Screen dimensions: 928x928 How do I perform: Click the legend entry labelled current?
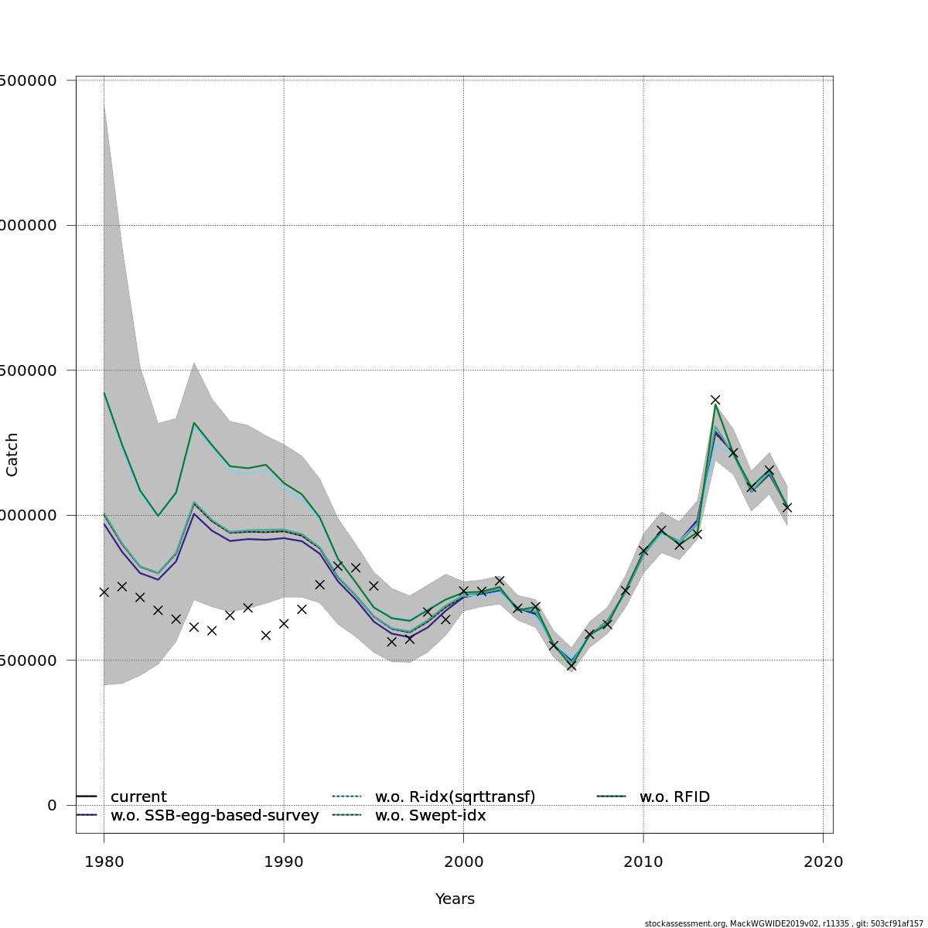[138, 797]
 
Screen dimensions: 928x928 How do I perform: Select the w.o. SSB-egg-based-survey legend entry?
[214, 815]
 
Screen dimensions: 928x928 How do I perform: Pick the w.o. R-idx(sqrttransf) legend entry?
[455, 797]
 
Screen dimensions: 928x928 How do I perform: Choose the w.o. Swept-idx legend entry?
[430, 815]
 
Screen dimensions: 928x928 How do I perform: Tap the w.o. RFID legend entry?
[674, 797]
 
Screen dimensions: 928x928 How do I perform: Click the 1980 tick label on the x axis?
[104, 861]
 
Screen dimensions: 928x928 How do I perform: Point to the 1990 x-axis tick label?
[284, 861]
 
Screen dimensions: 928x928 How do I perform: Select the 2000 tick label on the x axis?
[463, 861]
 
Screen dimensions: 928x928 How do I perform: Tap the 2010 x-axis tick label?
[643, 861]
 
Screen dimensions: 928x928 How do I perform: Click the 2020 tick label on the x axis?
[823, 861]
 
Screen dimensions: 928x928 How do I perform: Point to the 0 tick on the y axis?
[52, 805]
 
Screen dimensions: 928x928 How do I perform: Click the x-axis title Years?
[455, 899]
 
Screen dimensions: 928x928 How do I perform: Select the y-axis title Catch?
[12, 454]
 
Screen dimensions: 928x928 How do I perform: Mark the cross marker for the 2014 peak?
[715, 400]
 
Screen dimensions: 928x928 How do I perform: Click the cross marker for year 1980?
[104, 592]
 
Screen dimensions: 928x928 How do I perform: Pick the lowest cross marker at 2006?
[571, 665]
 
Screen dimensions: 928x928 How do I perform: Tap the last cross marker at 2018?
[786, 507]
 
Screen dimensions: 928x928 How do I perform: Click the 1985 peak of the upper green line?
[193, 423]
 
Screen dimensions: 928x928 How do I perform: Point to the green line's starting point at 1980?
[104, 393]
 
